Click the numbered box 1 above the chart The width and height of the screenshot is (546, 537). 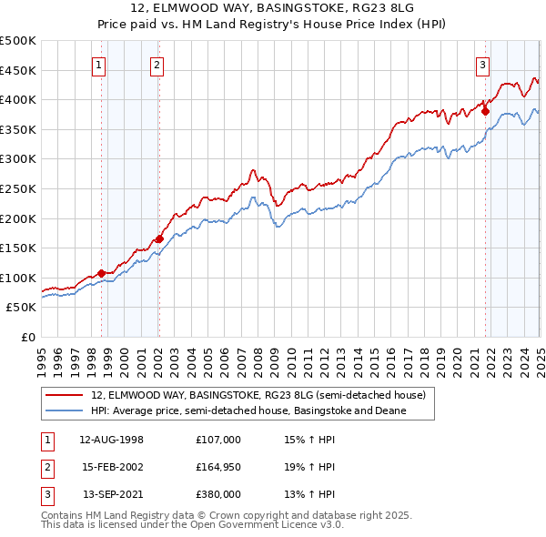[97, 65]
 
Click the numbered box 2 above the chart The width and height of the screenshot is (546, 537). [157, 65]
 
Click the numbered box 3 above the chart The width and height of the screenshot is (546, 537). [481, 65]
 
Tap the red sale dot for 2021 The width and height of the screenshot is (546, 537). [485, 111]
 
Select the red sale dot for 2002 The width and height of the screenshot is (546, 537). [159, 239]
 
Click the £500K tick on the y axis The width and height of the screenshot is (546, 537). [18, 41]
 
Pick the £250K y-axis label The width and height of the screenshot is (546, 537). [18, 189]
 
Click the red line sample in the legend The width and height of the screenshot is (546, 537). [66, 396]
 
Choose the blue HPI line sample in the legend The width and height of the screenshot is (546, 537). [66, 411]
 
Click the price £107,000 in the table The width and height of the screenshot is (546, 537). [217, 440]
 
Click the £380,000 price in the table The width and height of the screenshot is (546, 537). [217, 494]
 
